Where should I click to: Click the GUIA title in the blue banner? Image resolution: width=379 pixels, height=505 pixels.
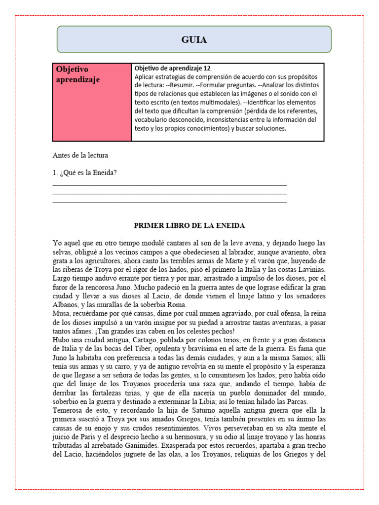coord(194,40)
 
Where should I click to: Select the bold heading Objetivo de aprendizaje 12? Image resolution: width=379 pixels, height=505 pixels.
coord(172,69)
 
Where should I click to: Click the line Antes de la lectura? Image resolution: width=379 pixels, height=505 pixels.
coord(80,155)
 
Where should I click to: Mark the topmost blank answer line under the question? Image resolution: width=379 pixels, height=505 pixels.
coord(169,184)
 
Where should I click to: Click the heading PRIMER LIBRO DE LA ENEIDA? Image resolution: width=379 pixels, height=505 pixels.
coord(189,225)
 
